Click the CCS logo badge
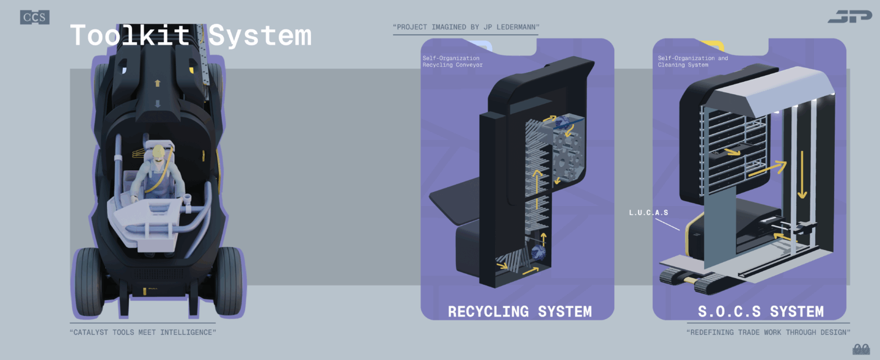pos(35,17)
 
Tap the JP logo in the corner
pos(849,17)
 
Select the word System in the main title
pos(260,35)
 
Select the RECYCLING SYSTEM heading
pos(519,311)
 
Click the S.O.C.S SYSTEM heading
pos(760,311)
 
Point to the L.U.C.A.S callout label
pos(648,213)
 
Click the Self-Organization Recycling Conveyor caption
pos(452,62)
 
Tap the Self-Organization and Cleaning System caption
pos(692,62)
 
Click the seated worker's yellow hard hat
pos(159,151)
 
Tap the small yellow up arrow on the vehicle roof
pos(157,83)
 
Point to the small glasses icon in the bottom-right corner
pos(861,349)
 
